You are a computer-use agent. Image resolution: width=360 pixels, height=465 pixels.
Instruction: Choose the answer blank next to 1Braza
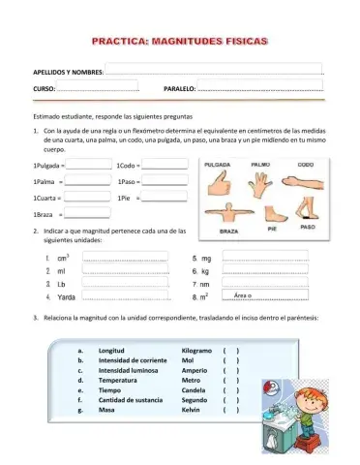pos(87,212)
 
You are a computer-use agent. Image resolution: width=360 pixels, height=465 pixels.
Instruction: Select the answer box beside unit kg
pos(265,270)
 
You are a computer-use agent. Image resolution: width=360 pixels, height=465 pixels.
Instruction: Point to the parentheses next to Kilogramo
pos(229,350)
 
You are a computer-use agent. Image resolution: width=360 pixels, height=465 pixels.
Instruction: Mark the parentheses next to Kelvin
pos(229,410)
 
